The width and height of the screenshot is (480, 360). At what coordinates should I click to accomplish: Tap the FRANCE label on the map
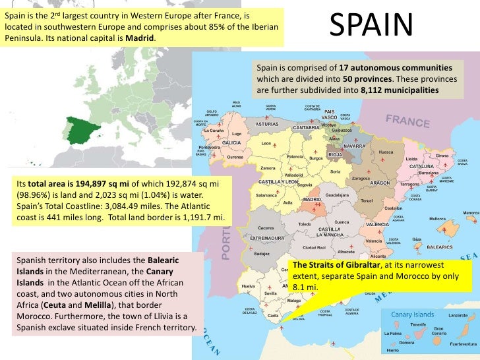pos(407,122)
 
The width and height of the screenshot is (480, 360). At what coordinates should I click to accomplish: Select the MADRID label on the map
pos(311,198)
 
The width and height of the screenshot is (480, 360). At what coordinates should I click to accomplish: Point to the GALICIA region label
pos(230,142)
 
